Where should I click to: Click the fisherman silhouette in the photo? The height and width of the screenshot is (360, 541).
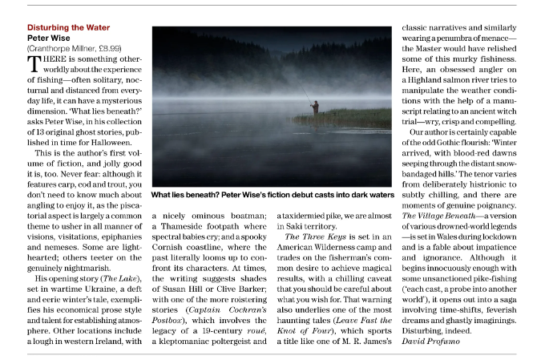(x=314, y=107)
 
